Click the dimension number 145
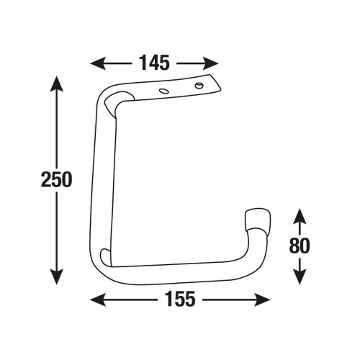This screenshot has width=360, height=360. tap(155, 63)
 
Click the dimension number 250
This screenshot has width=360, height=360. tap(56, 179)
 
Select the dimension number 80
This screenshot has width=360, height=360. tap(300, 246)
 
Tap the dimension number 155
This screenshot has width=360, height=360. tap(180, 299)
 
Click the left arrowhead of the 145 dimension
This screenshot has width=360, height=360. tap(98, 63)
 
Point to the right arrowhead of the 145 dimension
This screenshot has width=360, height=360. tap(211, 63)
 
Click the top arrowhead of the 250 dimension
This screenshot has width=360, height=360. tap(57, 84)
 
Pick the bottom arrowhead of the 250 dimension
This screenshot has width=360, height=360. tap(57, 276)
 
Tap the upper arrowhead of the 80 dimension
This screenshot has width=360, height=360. tap(300, 217)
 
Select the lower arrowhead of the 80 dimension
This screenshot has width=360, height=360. tap(300, 276)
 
